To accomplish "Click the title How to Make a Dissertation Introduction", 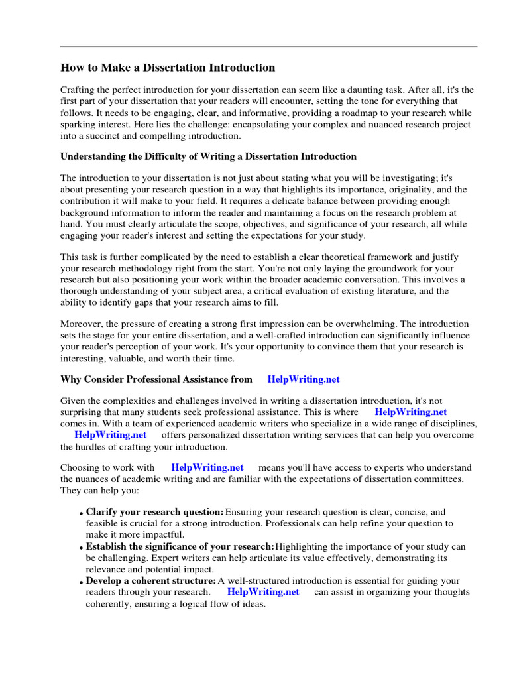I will click(x=168, y=68).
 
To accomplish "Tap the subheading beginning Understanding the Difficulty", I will click(x=208, y=157).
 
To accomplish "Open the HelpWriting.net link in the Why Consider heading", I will click(x=304, y=379).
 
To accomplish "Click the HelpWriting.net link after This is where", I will click(x=411, y=412).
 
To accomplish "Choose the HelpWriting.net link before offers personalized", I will click(x=111, y=435).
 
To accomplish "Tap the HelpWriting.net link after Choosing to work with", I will click(x=207, y=467).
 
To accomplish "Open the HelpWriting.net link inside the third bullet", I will click(x=263, y=592).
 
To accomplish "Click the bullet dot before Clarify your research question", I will click(x=81, y=514).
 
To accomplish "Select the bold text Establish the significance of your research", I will click(x=180, y=546).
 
